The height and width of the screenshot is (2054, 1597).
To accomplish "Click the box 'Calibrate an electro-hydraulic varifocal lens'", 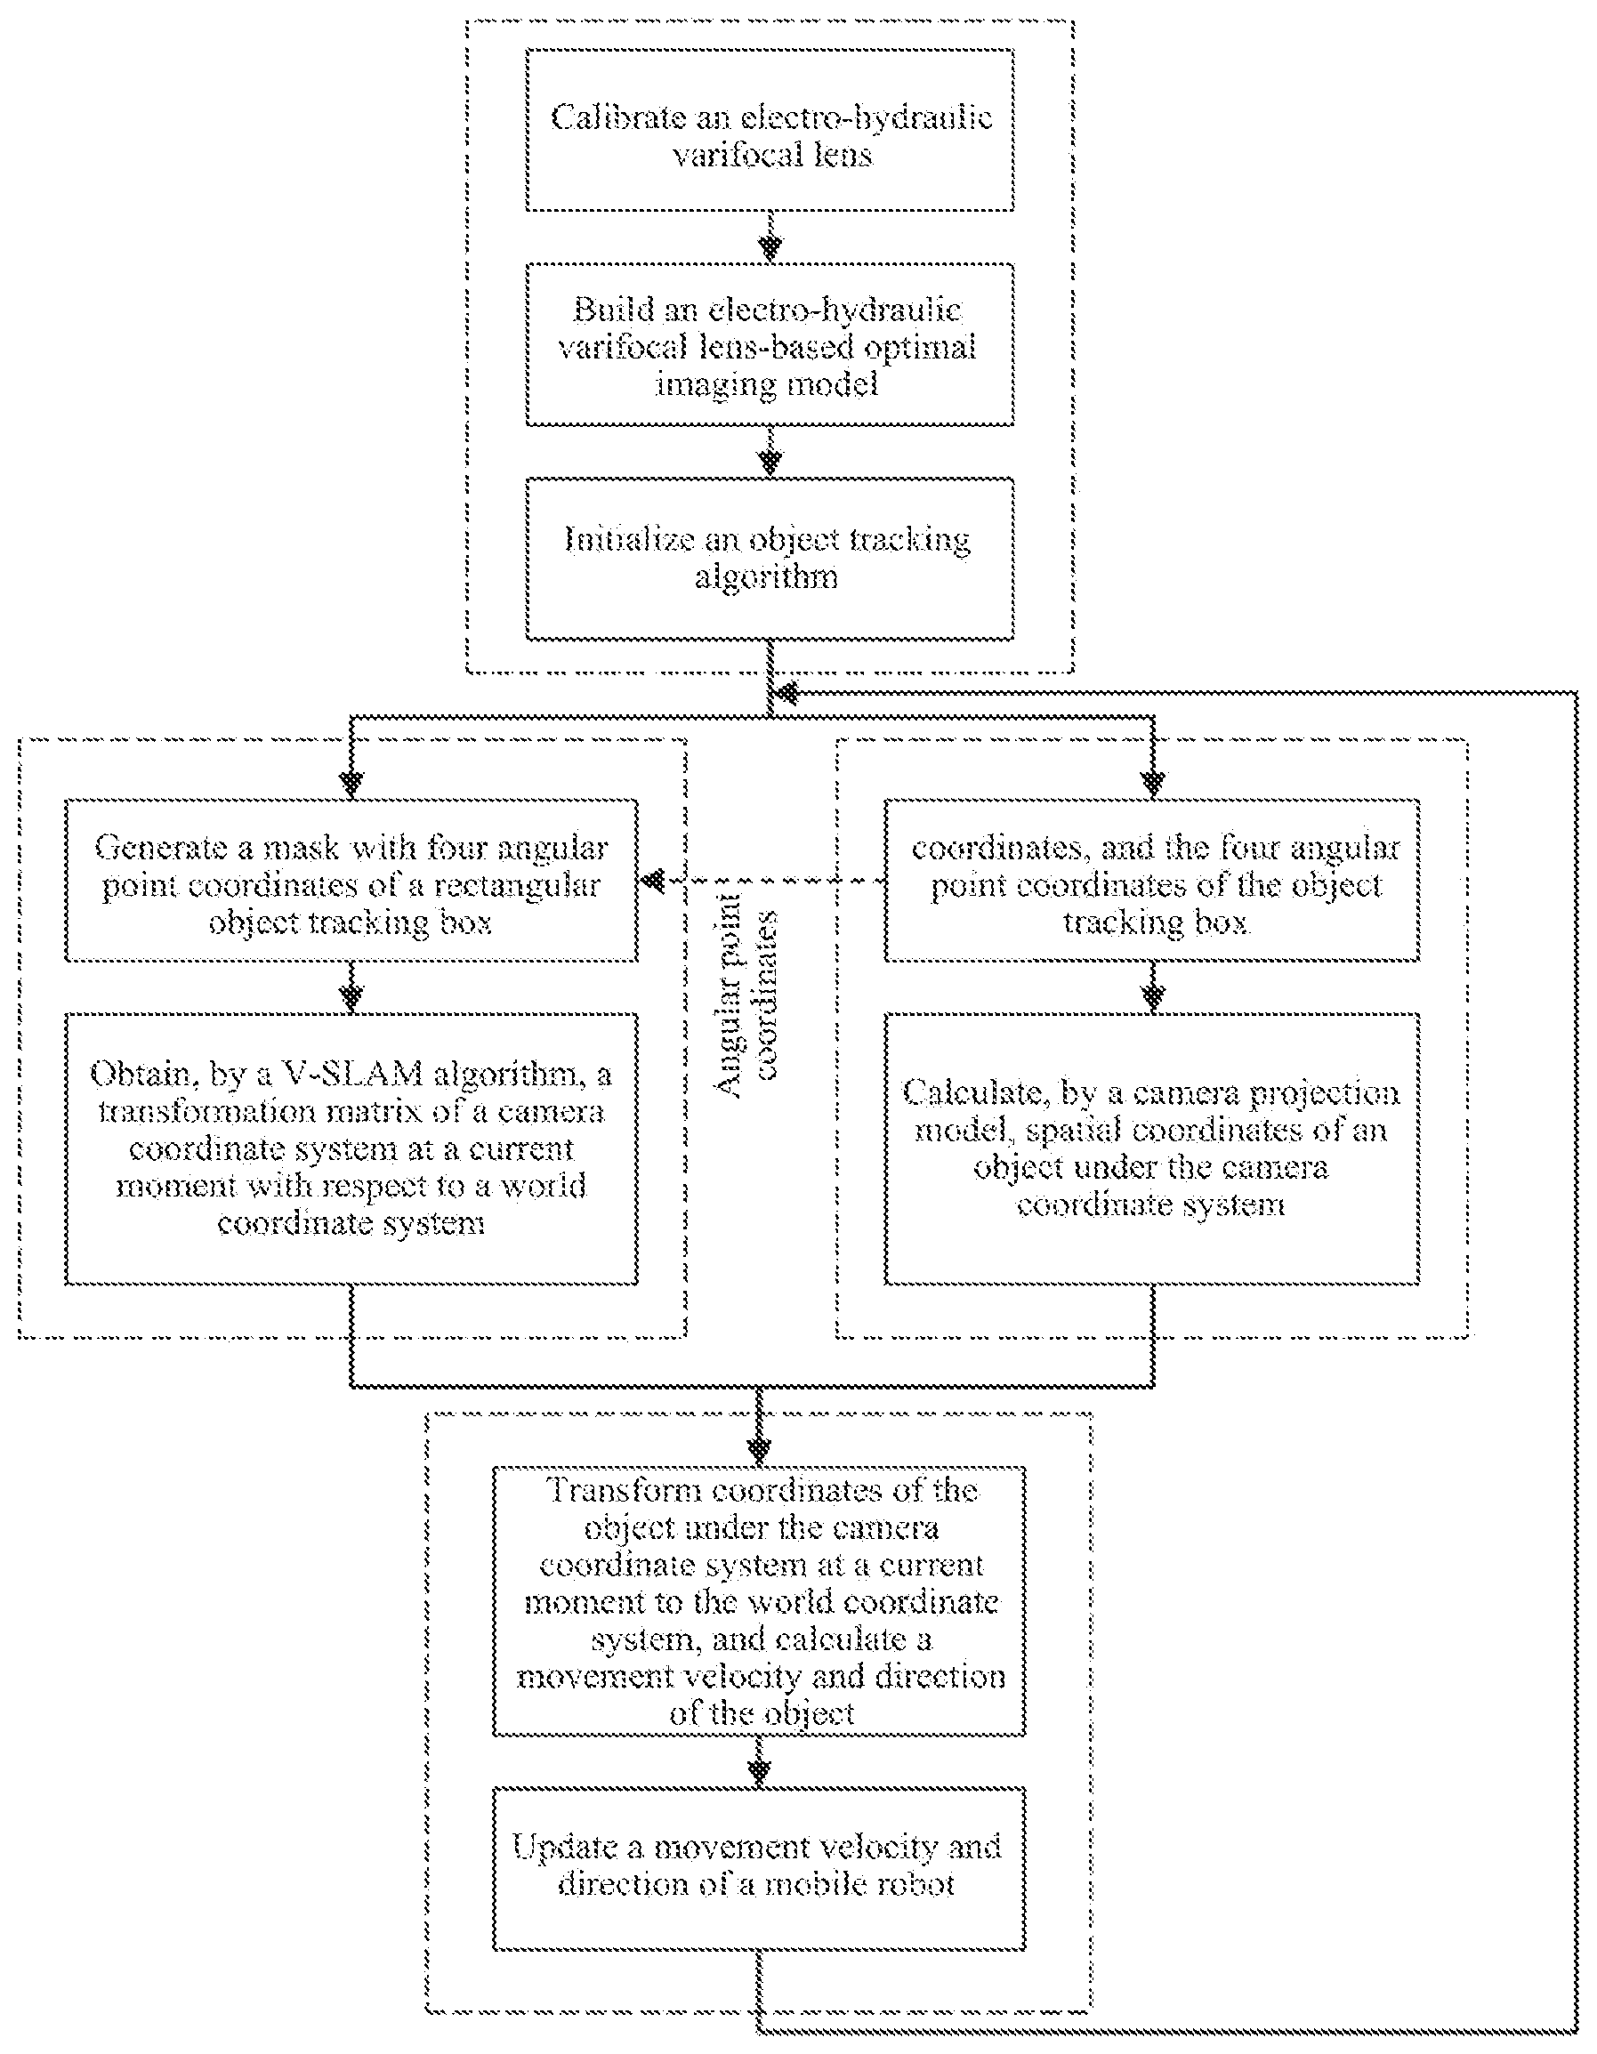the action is (770, 130).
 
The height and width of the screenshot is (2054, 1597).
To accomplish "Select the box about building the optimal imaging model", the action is (770, 345).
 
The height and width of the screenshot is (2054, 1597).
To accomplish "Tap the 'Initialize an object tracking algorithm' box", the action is (770, 559).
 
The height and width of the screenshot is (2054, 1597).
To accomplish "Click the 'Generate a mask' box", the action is (351, 881).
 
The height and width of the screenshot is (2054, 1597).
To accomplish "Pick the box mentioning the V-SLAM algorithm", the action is (351, 1148).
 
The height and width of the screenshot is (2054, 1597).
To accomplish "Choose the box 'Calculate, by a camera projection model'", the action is (1152, 1148).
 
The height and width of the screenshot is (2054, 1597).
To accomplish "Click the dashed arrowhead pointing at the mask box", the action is (652, 882).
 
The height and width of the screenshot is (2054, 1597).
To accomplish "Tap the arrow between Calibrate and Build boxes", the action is (770, 237).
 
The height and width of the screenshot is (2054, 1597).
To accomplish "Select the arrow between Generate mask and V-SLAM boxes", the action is (351, 987).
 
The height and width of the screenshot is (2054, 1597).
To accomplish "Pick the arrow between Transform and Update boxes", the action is (759, 1761).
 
